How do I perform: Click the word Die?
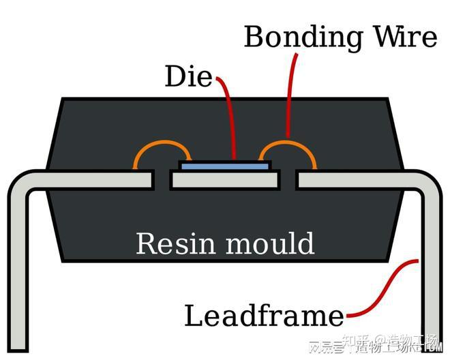pyautogui.click(x=189, y=77)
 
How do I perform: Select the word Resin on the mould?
pyautogui.click(x=174, y=243)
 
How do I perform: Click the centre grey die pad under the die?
pyautogui.click(x=225, y=180)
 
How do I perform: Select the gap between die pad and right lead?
pyautogui.click(x=289, y=180)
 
